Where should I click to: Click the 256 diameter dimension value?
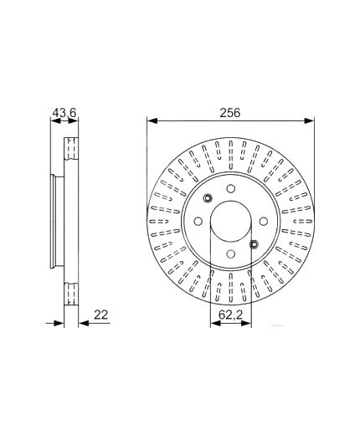click(230, 113)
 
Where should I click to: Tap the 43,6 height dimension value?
click(64, 113)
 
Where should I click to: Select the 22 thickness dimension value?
click(100, 315)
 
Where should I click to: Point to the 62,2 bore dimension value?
click(231, 315)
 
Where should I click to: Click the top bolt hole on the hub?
click(230, 189)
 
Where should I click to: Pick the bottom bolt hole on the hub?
click(230, 253)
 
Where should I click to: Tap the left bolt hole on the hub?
click(198, 222)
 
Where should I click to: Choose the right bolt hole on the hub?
click(263, 222)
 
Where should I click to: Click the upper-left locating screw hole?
click(208, 198)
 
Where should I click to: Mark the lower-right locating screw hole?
click(254, 244)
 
